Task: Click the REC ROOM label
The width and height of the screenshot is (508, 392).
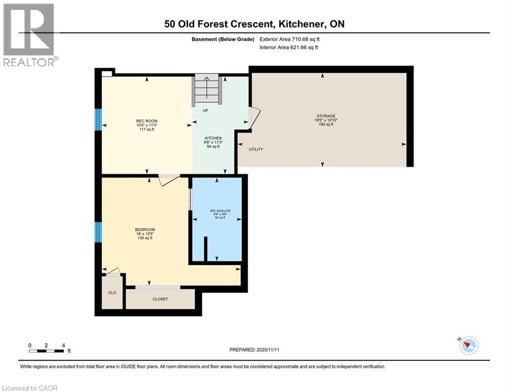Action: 146,120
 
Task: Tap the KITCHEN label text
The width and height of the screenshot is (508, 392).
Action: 212,138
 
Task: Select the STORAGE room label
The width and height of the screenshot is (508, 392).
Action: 325,116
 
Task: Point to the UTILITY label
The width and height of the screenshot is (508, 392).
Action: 256,150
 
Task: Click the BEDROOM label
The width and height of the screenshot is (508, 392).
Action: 145,230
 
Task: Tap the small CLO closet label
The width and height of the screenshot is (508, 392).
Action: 112,292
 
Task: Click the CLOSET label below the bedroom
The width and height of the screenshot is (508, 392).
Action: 160,299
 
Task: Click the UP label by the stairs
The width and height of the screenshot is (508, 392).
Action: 206,110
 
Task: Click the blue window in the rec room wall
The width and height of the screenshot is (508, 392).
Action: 99,120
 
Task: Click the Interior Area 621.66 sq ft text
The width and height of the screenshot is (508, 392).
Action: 289,47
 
